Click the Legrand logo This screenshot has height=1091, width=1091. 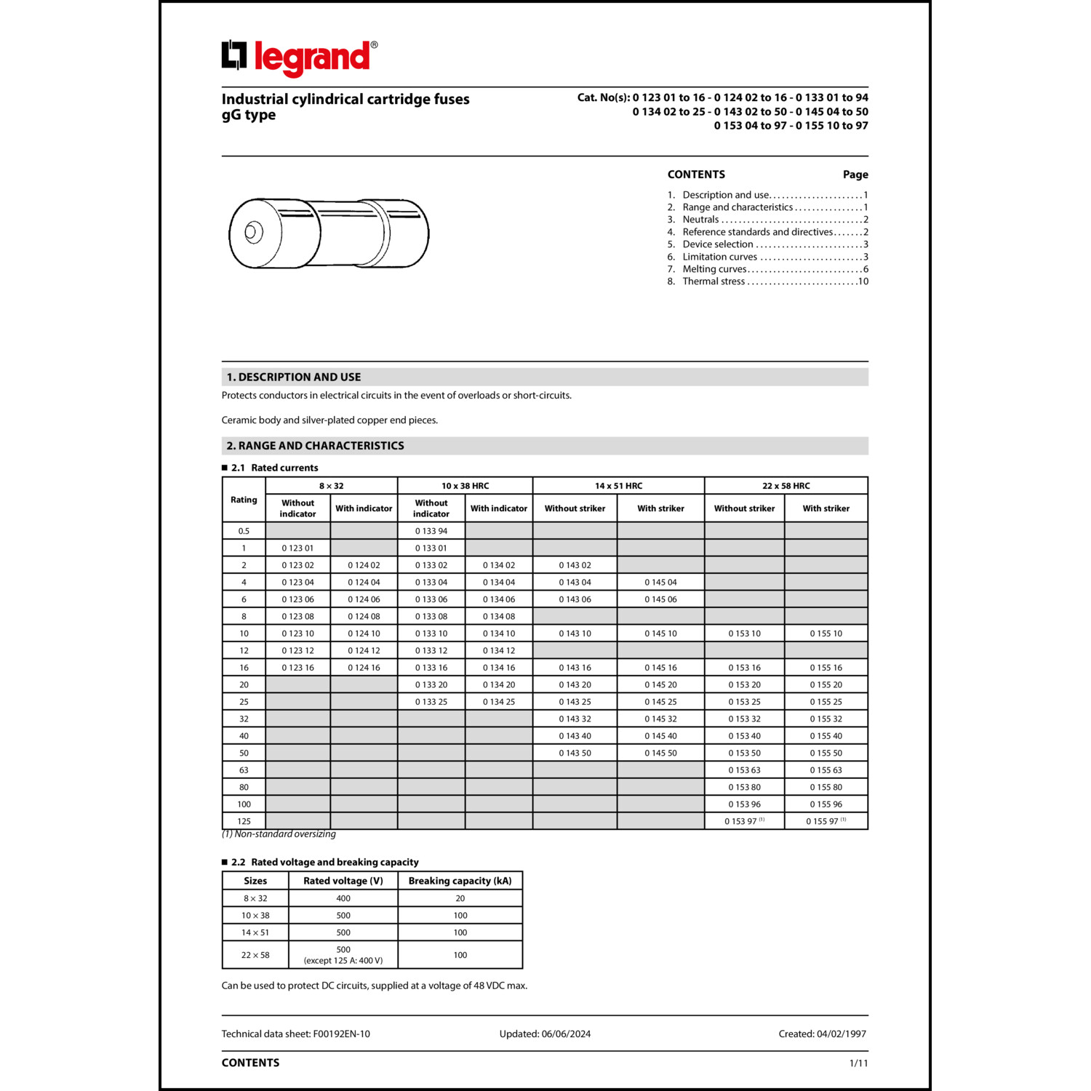coord(299,57)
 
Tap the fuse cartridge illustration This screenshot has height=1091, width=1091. coord(329,233)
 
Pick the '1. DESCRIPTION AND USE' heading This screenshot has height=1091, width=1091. coord(294,377)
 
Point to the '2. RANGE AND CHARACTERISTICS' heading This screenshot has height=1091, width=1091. coord(315,446)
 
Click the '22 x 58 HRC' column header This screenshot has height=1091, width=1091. coord(786,486)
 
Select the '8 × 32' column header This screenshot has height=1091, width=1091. coord(331,486)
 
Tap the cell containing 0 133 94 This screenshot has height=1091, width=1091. coord(431,531)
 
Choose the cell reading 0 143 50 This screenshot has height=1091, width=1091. coord(575,754)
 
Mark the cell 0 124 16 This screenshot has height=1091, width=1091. coord(364,668)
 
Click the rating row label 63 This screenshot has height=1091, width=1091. coord(244,770)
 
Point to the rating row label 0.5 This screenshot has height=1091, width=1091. coord(244,531)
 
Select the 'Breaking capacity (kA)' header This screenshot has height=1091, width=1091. coord(460,881)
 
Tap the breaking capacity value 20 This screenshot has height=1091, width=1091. coord(460,898)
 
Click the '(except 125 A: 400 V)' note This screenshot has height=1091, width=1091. coord(343,961)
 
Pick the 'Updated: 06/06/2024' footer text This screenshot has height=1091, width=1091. coord(545,1034)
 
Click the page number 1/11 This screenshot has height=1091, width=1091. coord(858,1063)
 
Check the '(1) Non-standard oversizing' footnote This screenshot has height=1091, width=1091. coord(279,834)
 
